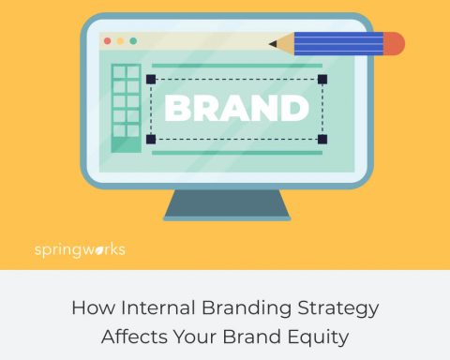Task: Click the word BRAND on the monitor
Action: (x=236, y=108)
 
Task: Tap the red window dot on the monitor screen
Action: (x=107, y=41)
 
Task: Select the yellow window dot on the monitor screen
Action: (x=120, y=41)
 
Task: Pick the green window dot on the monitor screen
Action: (x=133, y=41)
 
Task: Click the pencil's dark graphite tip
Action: (x=273, y=43)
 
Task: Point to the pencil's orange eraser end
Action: (x=394, y=43)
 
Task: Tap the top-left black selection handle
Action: (x=150, y=79)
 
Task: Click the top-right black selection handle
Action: (x=322, y=79)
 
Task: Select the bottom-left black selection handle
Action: (x=150, y=139)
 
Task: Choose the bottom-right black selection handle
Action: (x=322, y=139)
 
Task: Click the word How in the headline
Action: (x=92, y=307)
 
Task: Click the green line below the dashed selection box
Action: (x=236, y=152)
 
